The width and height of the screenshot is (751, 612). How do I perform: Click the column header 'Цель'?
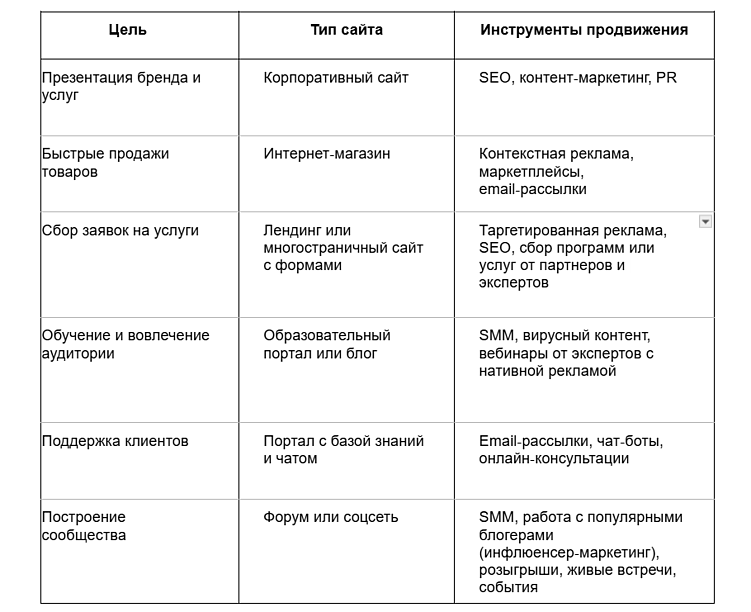[127, 30]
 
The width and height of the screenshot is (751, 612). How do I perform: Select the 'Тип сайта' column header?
[346, 30]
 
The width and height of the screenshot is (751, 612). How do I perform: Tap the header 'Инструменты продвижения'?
[583, 30]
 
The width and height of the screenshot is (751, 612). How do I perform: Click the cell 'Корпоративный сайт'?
[336, 77]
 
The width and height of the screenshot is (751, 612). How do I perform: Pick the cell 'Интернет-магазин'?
[327, 154]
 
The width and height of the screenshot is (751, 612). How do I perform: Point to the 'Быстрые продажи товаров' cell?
[105, 162]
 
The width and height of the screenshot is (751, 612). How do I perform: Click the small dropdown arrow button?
[705, 221]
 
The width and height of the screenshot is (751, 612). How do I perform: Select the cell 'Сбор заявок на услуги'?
[120, 230]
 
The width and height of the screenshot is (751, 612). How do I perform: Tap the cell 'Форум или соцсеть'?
[331, 517]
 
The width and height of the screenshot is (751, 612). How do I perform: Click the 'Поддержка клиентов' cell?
[115, 441]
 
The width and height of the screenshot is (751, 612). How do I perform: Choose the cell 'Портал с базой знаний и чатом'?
[343, 449]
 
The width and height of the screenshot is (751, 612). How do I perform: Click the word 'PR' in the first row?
[666, 77]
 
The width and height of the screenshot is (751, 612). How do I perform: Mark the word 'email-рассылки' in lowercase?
[532, 189]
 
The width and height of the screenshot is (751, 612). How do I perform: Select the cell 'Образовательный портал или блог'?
[327, 344]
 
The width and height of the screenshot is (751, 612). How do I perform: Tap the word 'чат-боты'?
[629, 441]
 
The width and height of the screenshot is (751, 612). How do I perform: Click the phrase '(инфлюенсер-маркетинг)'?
[567, 553]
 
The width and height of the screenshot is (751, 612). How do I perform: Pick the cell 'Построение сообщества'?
[84, 526]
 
